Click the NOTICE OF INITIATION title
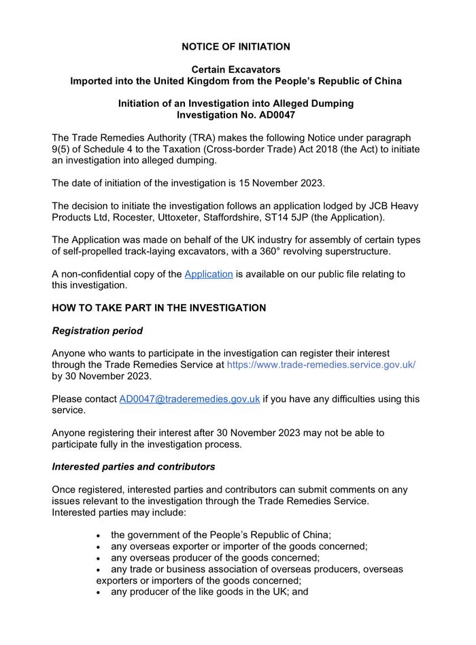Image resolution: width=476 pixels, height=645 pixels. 236,47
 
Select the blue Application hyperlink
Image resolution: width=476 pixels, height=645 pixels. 209,274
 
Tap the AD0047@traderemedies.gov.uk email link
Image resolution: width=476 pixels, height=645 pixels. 190,399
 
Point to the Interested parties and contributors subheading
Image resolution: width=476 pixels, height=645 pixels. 133,467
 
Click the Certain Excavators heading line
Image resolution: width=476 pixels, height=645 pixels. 236,69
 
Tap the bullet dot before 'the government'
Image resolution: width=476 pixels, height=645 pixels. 100,535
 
